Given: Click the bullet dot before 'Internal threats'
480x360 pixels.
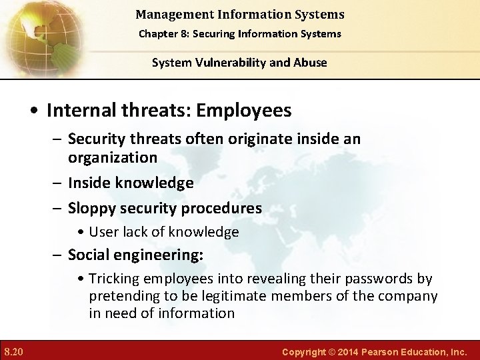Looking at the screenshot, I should click(x=37, y=111).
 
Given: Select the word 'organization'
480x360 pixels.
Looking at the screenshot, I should click(x=113, y=157).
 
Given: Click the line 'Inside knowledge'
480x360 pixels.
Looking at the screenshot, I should click(x=131, y=183).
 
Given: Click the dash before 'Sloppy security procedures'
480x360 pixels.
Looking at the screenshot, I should click(x=59, y=208).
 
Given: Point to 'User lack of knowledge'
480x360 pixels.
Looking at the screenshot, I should click(x=163, y=232).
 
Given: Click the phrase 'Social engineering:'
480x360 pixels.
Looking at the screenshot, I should click(x=136, y=255).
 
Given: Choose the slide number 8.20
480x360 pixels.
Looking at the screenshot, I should click(x=13, y=350).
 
